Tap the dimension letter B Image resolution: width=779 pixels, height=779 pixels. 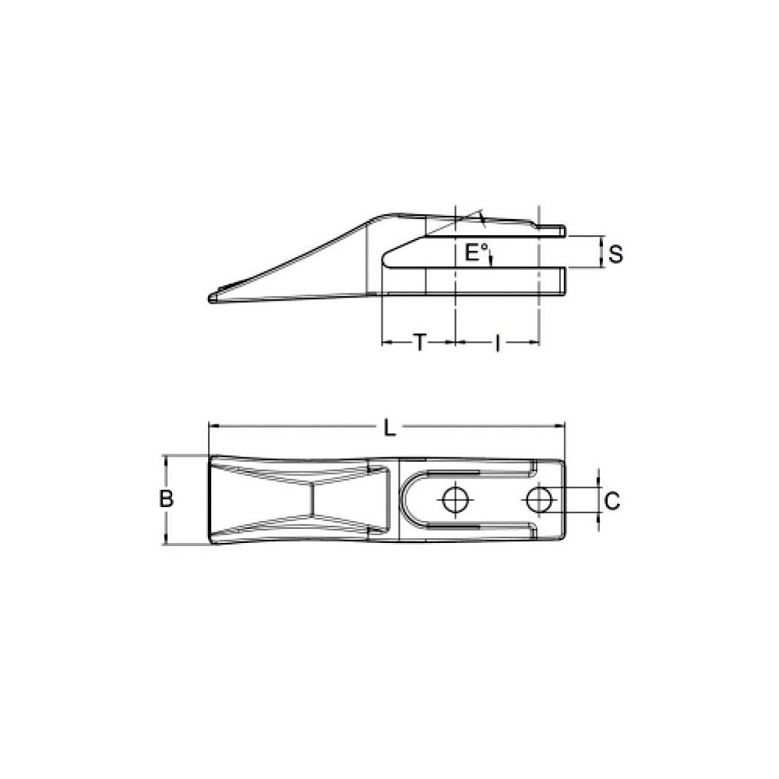click(x=166, y=499)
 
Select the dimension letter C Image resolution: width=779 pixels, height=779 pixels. click(x=612, y=501)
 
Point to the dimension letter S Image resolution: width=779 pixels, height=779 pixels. click(x=615, y=254)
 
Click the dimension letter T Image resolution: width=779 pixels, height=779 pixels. click(x=419, y=343)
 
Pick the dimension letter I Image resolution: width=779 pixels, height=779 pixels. click(x=498, y=343)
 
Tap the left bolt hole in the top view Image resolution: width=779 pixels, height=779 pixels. click(x=453, y=499)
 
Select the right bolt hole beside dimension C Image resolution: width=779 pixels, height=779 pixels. click(x=537, y=499)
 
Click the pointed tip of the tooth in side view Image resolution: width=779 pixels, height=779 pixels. click(x=211, y=298)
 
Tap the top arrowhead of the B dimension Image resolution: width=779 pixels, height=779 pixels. click(x=165, y=459)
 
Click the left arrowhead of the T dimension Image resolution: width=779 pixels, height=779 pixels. click(x=385, y=342)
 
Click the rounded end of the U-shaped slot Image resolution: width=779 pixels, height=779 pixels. click(x=407, y=499)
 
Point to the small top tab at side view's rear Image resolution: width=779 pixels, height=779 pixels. click(x=552, y=230)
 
